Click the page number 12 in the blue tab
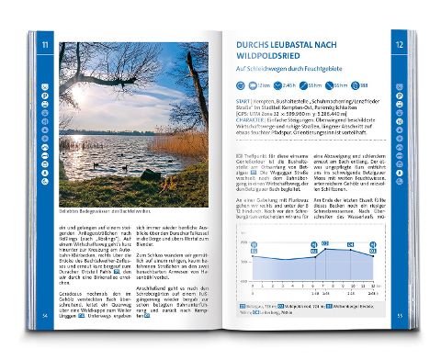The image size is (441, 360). coord(398,43)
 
